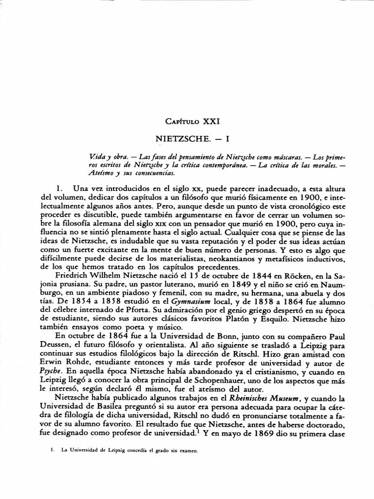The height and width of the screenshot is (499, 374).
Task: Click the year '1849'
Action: (x=197, y=286)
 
